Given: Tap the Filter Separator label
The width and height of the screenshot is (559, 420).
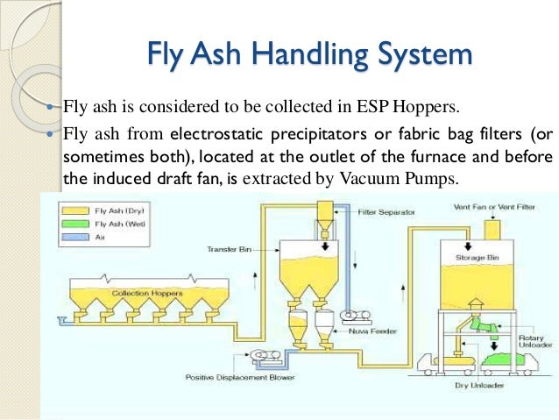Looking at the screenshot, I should click(385, 211).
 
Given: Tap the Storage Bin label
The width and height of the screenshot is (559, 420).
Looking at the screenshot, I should click(475, 258).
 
